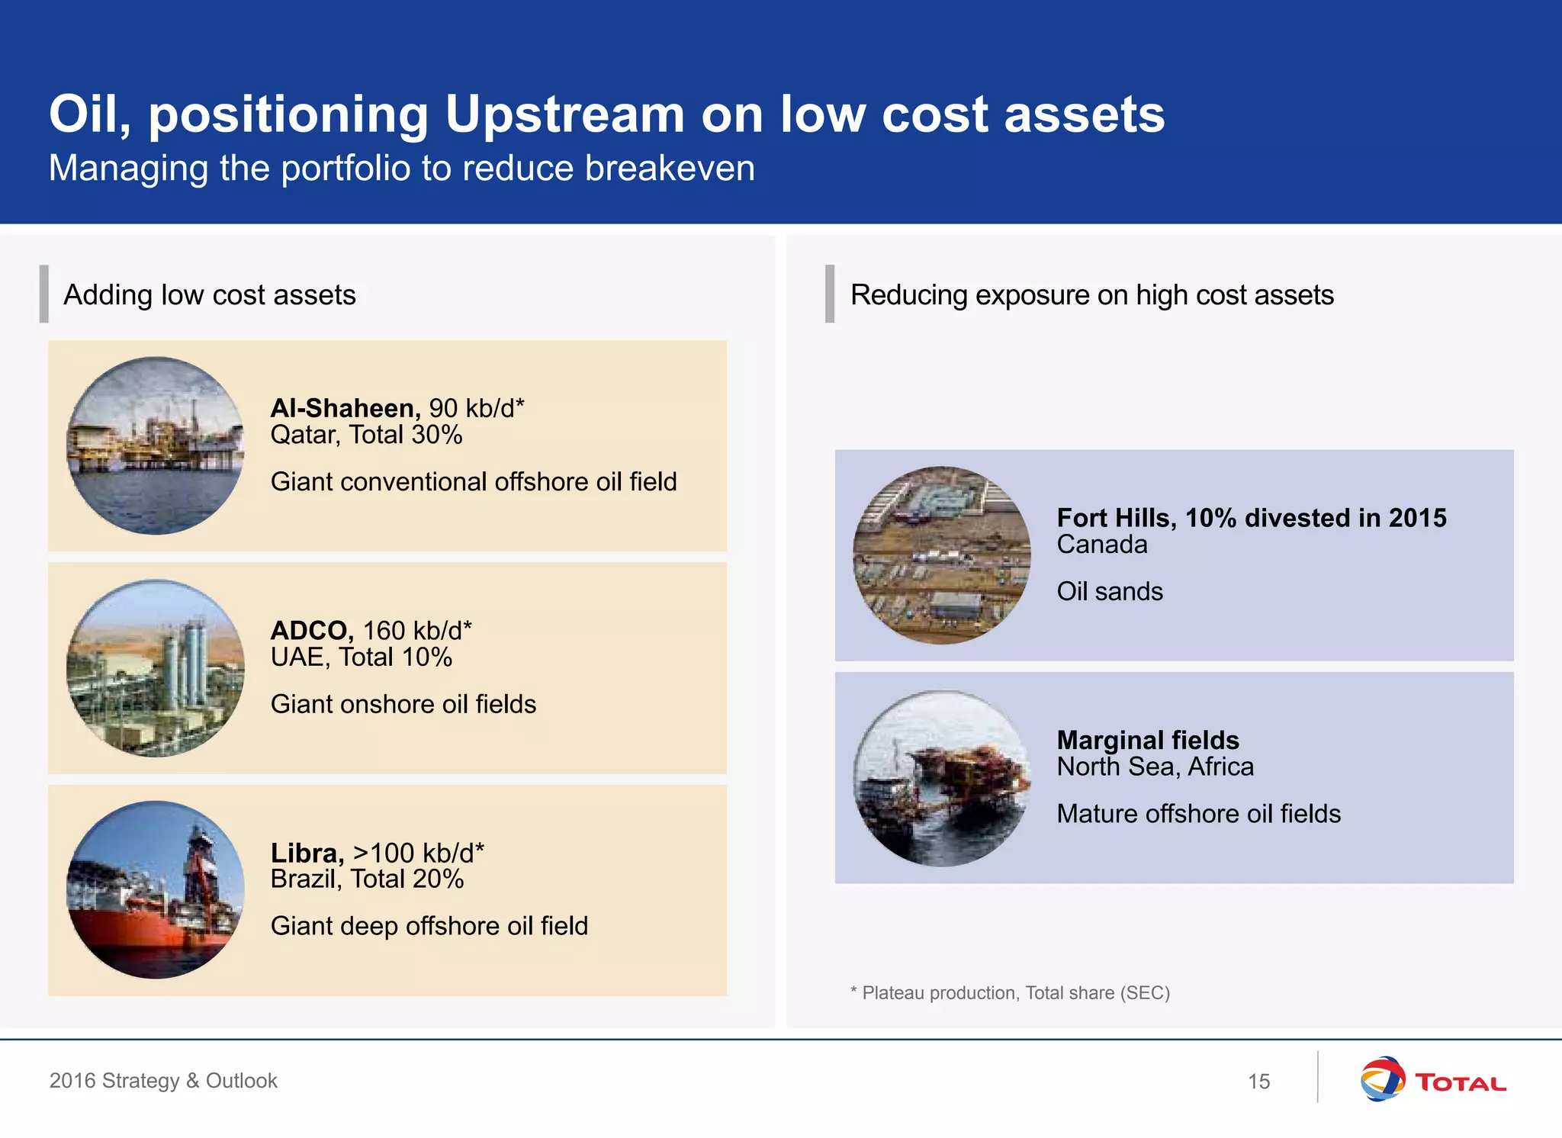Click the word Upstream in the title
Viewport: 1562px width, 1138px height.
(x=564, y=114)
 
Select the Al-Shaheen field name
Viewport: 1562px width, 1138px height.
(x=345, y=408)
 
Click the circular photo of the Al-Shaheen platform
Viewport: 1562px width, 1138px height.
(x=156, y=445)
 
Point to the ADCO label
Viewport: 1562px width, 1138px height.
(x=311, y=631)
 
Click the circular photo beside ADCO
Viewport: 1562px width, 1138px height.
(x=156, y=668)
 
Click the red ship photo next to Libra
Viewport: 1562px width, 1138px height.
(x=156, y=890)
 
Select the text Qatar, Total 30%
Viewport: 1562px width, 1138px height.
(x=366, y=435)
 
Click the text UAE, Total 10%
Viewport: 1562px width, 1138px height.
(x=362, y=657)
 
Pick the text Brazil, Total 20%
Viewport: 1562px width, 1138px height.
(x=367, y=879)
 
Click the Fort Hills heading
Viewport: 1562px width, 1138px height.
(x=1251, y=518)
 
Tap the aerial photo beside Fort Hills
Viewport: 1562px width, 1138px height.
(x=941, y=555)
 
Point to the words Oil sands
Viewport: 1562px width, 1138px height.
(x=1110, y=592)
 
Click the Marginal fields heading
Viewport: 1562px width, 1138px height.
(x=1148, y=740)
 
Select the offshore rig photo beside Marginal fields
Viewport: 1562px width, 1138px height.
(x=941, y=778)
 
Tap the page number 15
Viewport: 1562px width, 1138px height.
(x=1258, y=1082)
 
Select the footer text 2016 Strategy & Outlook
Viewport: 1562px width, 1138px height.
(x=163, y=1081)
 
